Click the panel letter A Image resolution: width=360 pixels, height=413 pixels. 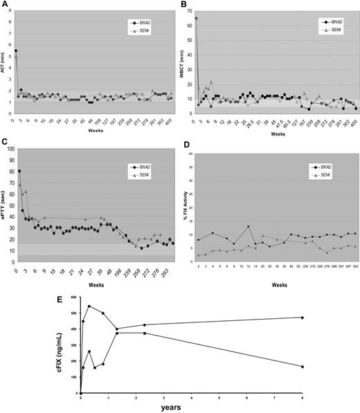click(4, 4)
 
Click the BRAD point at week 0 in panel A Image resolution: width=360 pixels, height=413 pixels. click(16, 51)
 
